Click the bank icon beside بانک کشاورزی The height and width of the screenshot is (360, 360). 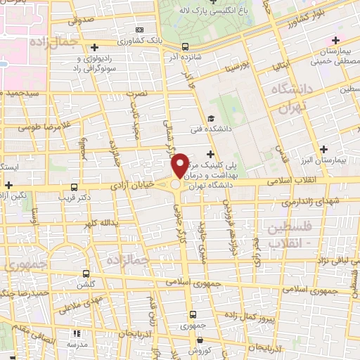coord(140,30)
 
